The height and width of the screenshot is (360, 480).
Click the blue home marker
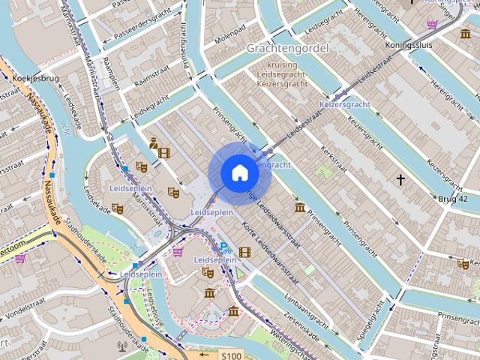[x=239, y=173]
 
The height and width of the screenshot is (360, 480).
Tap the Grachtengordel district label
[x=287, y=48]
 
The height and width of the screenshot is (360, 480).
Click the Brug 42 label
[x=453, y=199]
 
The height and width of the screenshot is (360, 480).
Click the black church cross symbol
[x=400, y=179]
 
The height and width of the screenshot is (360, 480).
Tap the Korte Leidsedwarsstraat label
[x=271, y=247]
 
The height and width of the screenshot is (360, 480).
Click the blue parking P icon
[x=223, y=247]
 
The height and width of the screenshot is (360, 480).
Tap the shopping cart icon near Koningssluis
[x=432, y=25]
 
